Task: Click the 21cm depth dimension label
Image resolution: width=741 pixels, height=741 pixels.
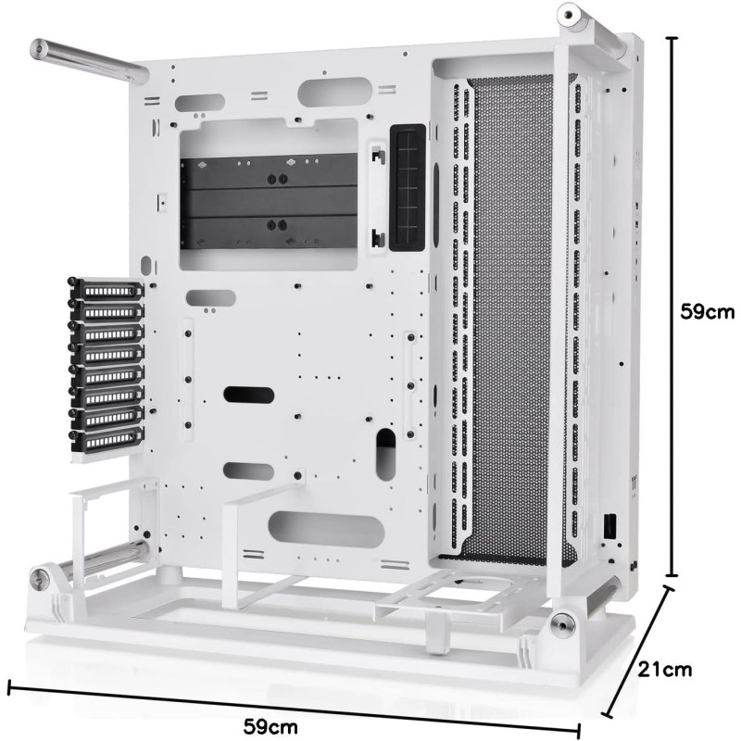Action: point(665,669)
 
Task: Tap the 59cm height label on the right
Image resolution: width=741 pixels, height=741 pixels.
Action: point(708,312)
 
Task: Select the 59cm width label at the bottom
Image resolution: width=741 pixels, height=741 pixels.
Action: point(270,726)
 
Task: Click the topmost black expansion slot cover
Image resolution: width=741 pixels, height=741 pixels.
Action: point(107,289)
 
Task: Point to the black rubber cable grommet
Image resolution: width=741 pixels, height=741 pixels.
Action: point(408,188)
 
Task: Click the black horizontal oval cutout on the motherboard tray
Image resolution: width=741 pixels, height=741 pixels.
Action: point(248,395)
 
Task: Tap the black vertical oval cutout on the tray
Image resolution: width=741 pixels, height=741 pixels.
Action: point(385,455)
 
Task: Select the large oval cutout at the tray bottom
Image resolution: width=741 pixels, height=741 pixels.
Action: point(326,529)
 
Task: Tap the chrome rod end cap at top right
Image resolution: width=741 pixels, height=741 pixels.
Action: point(568,15)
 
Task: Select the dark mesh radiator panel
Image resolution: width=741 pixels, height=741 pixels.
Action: point(515,316)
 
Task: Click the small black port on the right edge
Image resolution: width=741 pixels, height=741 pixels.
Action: point(609,525)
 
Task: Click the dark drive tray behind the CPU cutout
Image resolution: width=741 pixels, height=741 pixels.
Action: point(270,202)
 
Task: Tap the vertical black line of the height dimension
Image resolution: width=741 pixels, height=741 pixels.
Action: point(672,307)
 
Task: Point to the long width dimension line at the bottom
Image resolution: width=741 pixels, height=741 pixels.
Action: point(294,708)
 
